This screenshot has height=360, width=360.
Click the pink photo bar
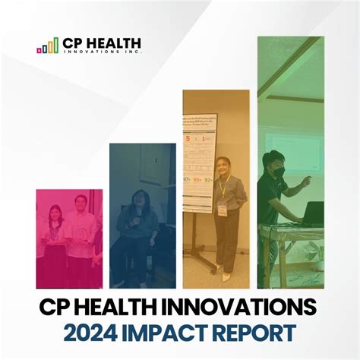69,238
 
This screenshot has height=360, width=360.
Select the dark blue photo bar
142,216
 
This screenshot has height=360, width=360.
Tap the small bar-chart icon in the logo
47,46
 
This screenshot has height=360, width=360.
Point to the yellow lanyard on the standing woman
223,185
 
